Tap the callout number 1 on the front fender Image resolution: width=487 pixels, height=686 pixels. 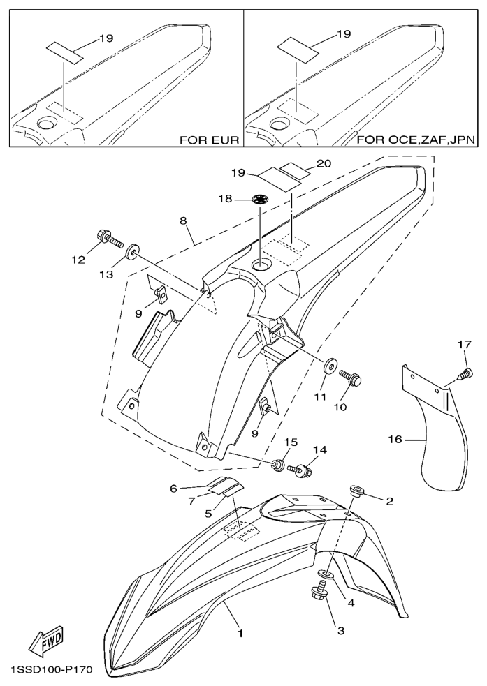pos(240,634)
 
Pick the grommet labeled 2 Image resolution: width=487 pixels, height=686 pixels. pos(356,492)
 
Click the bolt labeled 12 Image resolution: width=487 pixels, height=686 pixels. pos(110,241)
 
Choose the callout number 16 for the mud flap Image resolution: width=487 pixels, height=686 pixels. pos(395,440)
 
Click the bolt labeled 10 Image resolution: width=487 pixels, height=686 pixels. pos(351,380)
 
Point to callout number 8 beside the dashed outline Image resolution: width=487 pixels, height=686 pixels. pos(182,221)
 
